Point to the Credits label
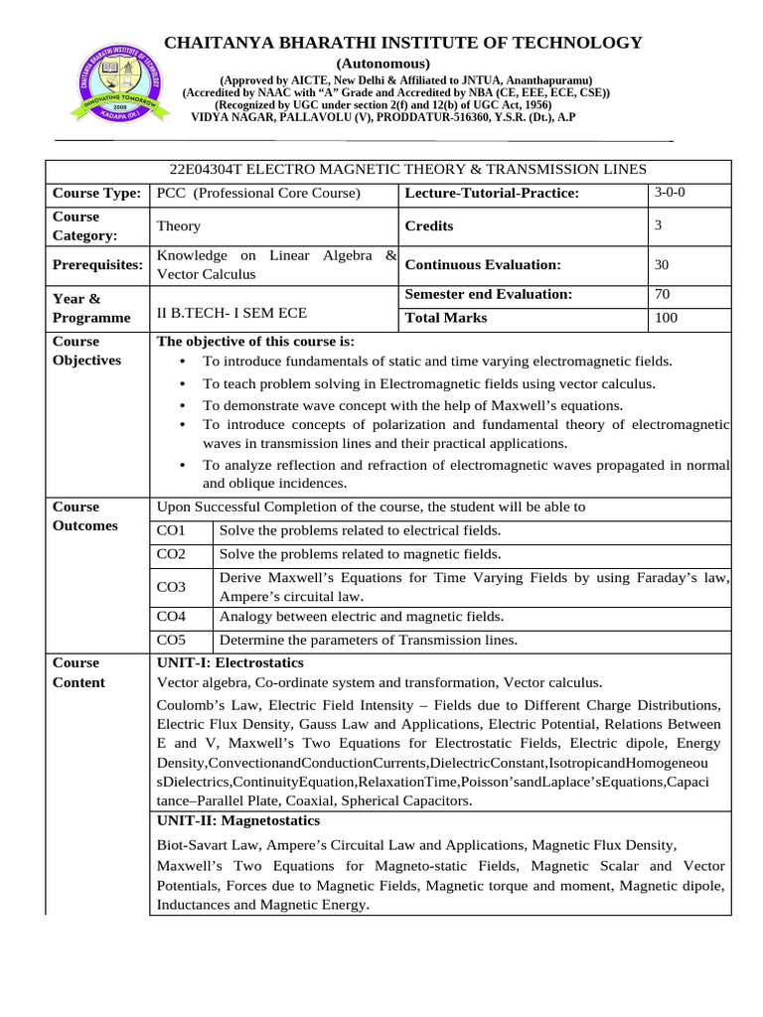[429, 226]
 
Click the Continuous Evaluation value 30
[662, 265]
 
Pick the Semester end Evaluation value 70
[662, 294]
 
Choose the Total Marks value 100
[666, 318]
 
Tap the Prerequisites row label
[97, 265]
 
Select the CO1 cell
[172, 530]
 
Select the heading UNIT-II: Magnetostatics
[238, 821]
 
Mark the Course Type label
[96, 193]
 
